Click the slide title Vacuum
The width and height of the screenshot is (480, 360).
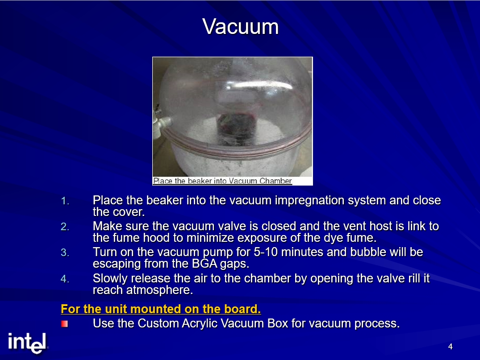pyautogui.click(x=240, y=27)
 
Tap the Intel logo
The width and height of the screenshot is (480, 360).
pyautogui.click(x=28, y=343)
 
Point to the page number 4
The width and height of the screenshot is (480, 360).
pyautogui.click(x=450, y=347)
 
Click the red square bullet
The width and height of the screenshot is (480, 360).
pyautogui.click(x=64, y=323)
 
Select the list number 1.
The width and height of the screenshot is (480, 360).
pyautogui.click(x=65, y=201)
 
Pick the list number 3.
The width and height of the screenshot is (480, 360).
pyautogui.click(x=65, y=252)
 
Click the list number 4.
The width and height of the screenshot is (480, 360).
pyautogui.click(x=65, y=279)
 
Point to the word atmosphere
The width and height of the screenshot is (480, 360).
pyautogui.click(x=159, y=290)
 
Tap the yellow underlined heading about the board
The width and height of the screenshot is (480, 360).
pyautogui.click(x=161, y=309)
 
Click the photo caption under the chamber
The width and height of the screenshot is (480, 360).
pyautogui.click(x=222, y=181)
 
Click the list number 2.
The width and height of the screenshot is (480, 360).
pyautogui.click(x=65, y=227)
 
